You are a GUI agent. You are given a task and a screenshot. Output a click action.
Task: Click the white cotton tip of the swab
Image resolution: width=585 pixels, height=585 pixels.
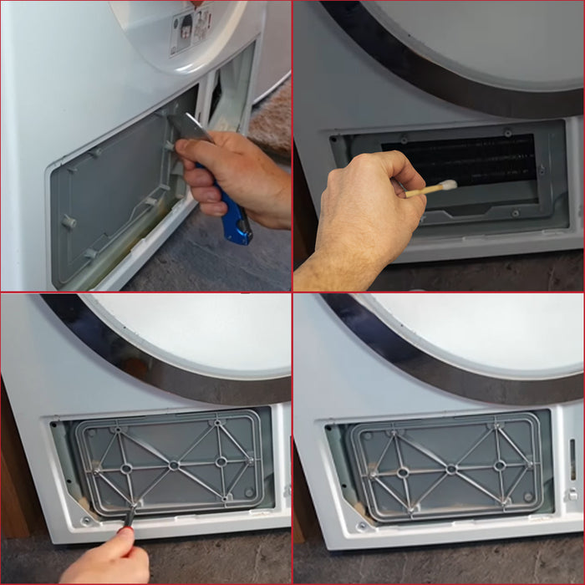[446, 186]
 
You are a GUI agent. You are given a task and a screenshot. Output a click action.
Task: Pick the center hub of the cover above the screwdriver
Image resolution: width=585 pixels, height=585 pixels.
[174, 465]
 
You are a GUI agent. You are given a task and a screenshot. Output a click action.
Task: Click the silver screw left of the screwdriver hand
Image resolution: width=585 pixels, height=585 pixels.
[86, 521]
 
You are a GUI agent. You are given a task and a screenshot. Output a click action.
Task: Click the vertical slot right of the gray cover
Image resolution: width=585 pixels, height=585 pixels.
[572, 460]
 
